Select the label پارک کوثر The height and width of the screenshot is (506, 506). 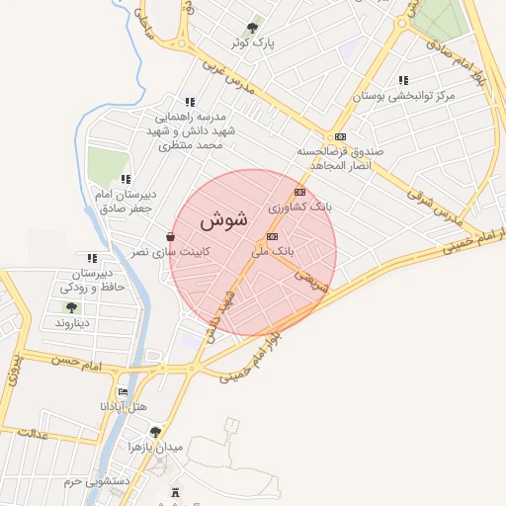tap(252, 44)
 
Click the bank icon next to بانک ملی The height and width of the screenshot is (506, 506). tap(272, 236)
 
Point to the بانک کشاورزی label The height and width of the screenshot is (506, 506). tap(300, 209)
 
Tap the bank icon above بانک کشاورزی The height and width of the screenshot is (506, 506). tap(300, 193)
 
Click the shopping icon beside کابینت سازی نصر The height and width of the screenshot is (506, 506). tap(171, 237)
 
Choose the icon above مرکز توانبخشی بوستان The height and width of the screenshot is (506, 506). tap(402, 80)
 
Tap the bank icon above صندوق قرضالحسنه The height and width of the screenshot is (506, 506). tap(341, 136)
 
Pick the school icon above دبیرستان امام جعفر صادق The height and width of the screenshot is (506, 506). tap(126, 179)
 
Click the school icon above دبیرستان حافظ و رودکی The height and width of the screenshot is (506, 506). tap(93, 258)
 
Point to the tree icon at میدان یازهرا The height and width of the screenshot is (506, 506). tap(154, 431)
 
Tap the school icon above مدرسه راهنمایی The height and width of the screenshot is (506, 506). tap(189, 102)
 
